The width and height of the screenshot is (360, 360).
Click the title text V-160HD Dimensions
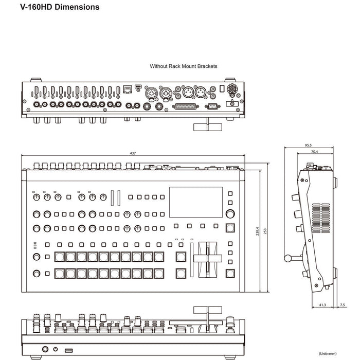coord(60,7)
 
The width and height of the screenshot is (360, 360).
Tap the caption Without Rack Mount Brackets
coord(183,66)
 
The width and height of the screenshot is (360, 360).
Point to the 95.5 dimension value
coord(308,146)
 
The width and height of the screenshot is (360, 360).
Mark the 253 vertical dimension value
coord(265,231)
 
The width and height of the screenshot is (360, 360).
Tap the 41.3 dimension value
coord(323,305)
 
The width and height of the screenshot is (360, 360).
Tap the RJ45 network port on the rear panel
coord(128,91)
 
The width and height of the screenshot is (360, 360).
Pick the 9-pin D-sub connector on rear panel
coord(211,106)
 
